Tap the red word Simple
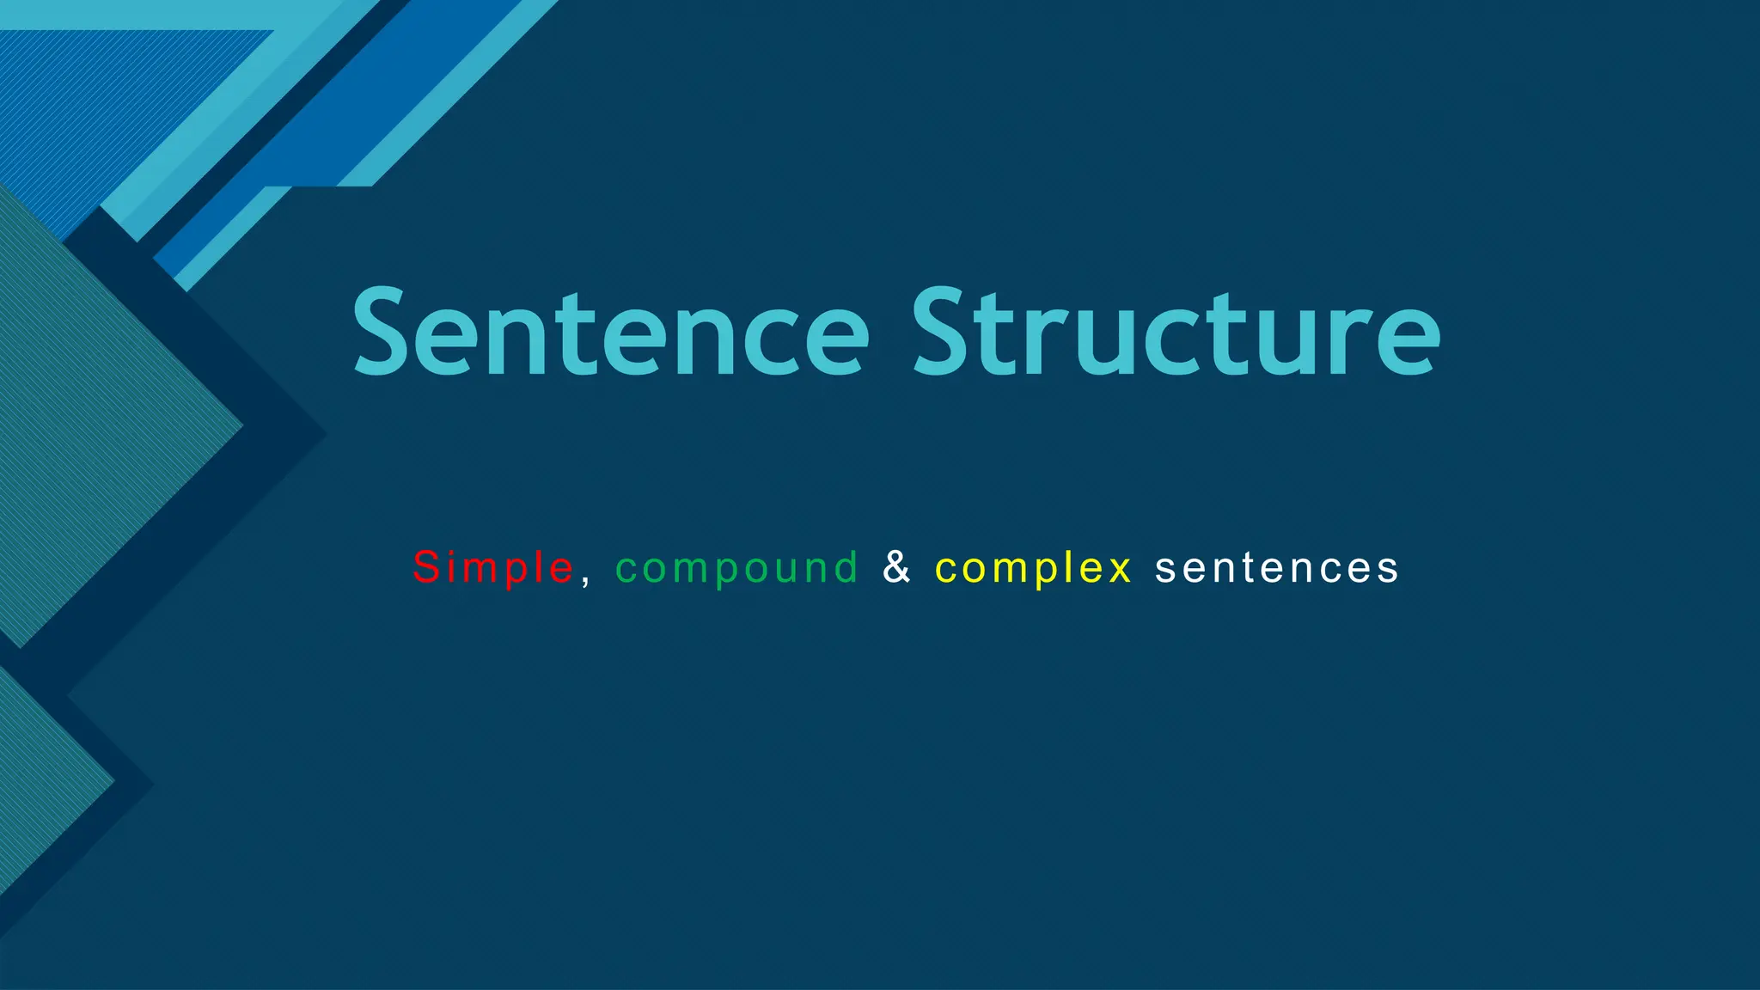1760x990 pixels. (492, 568)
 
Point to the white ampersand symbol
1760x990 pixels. (896, 567)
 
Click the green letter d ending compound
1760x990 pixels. (846, 567)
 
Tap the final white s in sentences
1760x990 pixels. (1388, 570)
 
